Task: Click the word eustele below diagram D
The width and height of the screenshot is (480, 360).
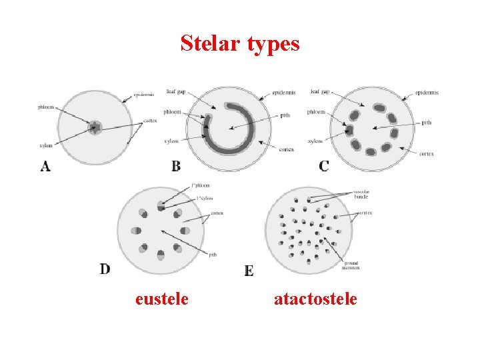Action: (x=161, y=299)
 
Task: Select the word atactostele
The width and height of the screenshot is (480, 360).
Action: (x=315, y=299)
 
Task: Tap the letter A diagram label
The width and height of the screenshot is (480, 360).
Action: (x=45, y=167)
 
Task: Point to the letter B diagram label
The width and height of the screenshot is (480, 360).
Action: (x=176, y=166)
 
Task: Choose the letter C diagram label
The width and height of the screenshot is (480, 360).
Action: (x=323, y=166)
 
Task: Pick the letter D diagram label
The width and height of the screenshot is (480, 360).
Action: (x=105, y=269)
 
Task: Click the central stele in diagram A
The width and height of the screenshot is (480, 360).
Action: (x=95, y=127)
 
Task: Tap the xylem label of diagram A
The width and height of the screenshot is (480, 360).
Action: (x=46, y=145)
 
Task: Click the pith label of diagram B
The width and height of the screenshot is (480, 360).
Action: (x=285, y=115)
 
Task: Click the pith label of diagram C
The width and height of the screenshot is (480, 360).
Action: (x=427, y=122)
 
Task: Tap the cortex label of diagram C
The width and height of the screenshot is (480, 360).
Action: (x=427, y=154)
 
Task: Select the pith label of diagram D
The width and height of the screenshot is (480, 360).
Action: (x=213, y=254)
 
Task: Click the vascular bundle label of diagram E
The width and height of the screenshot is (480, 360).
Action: (x=361, y=194)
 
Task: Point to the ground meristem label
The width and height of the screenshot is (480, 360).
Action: (x=352, y=265)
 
